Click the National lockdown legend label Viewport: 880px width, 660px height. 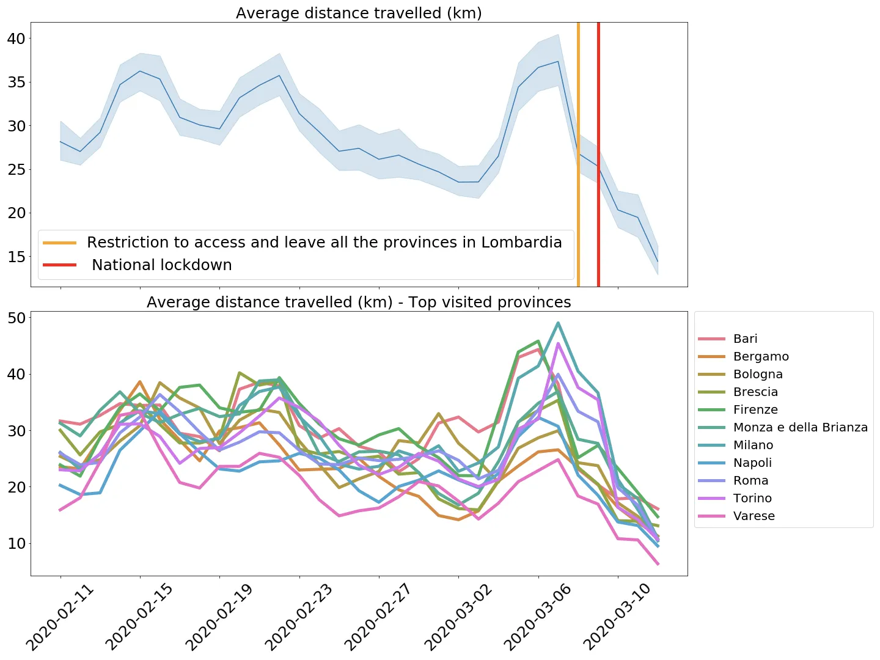coord(162,265)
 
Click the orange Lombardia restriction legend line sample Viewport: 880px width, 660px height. coord(59,243)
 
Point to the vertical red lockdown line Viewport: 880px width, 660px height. coord(598,153)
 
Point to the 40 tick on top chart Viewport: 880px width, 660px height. coord(16,38)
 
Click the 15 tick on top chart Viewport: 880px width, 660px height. coord(16,257)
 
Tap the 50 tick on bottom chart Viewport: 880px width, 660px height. coord(16,318)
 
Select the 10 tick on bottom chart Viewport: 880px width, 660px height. coord(16,543)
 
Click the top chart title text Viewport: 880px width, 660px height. coord(359,13)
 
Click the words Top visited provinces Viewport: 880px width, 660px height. coord(490,302)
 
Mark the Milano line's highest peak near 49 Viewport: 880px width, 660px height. coord(558,323)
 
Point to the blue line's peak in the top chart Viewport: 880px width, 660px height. coord(558,61)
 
